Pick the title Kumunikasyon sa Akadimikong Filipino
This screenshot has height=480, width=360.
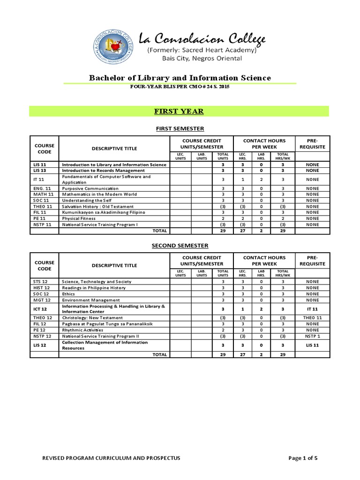[x=104, y=212]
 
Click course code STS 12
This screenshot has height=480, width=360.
[x=41, y=282]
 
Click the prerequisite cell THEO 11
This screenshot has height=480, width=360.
[x=313, y=318]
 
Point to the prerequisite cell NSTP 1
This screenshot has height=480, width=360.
[x=313, y=336]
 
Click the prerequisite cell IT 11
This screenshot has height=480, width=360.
[x=313, y=309]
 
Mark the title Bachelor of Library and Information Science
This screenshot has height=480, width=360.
[x=180, y=78]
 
